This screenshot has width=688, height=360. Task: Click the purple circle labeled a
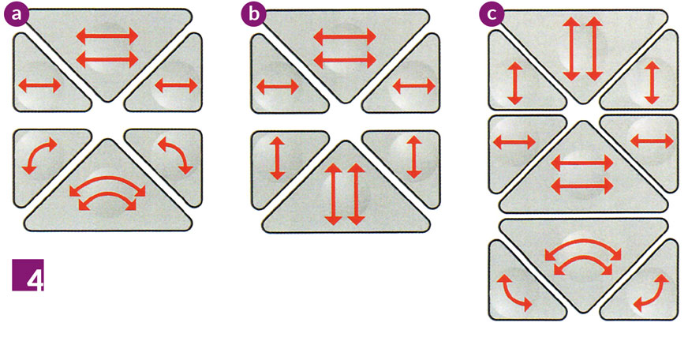17,14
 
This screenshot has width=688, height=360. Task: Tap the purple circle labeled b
253,14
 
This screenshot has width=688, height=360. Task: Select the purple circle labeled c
492,14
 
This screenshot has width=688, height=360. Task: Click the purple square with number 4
28,276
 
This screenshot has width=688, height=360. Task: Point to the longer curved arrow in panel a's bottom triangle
107,178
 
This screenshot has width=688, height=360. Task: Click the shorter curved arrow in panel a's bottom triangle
107,194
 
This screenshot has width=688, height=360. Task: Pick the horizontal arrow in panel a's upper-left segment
39,85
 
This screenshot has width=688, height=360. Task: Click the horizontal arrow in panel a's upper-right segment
177,85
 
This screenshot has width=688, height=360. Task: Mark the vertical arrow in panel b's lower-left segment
277,158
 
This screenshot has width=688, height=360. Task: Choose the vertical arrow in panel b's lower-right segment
413,157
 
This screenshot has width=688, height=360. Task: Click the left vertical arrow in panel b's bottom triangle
334,194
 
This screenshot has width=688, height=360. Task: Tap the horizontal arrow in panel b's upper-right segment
414,87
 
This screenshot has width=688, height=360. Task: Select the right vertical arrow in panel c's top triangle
594,49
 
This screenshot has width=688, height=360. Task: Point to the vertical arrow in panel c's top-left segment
515,83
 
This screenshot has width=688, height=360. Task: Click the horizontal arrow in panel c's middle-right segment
652,141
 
